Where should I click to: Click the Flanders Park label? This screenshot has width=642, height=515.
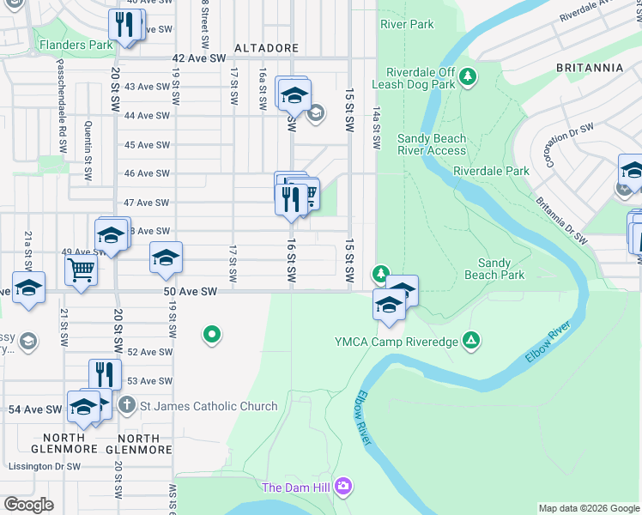75,45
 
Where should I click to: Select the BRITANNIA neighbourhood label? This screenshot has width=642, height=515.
591,68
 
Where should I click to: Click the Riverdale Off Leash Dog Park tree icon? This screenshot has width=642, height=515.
469,78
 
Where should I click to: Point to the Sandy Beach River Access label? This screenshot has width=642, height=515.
432,144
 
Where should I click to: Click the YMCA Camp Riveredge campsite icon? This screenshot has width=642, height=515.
470,342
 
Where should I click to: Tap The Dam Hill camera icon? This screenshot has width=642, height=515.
343,488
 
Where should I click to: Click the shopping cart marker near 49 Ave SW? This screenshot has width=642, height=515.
81,270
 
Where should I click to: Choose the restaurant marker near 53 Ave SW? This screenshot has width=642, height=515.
105,375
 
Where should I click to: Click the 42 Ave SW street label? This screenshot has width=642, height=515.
195,58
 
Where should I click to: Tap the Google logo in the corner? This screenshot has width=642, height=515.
28,504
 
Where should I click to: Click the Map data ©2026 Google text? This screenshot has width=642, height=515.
588,508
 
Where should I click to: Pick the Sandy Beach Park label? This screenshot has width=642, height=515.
494,270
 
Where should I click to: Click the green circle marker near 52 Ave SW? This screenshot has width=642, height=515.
211,335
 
